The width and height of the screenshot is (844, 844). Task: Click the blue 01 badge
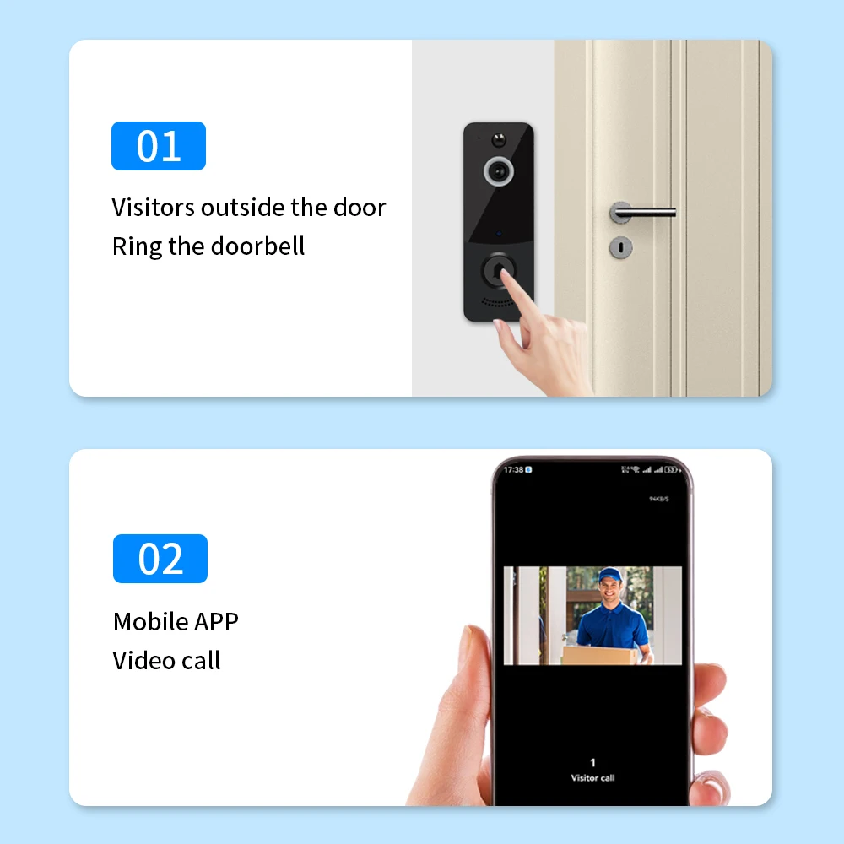pyautogui.click(x=159, y=146)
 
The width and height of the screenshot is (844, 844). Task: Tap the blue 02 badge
pyautogui.click(x=160, y=559)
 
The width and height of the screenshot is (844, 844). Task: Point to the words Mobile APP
pyautogui.click(x=176, y=622)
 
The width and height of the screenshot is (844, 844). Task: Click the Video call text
pyautogui.click(x=166, y=660)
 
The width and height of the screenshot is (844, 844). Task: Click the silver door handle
pyautogui.click(x=641, y=211)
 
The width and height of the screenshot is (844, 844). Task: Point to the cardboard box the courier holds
pyautogui.click(x=600, y=655)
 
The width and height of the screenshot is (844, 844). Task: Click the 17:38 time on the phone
pyautogui.click(x=512, y=469)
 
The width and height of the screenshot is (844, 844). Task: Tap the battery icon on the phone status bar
pyautogui.click(x=671, y=469)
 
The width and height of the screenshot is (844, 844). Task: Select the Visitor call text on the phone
pyautogui.click(x=592, y=777)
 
